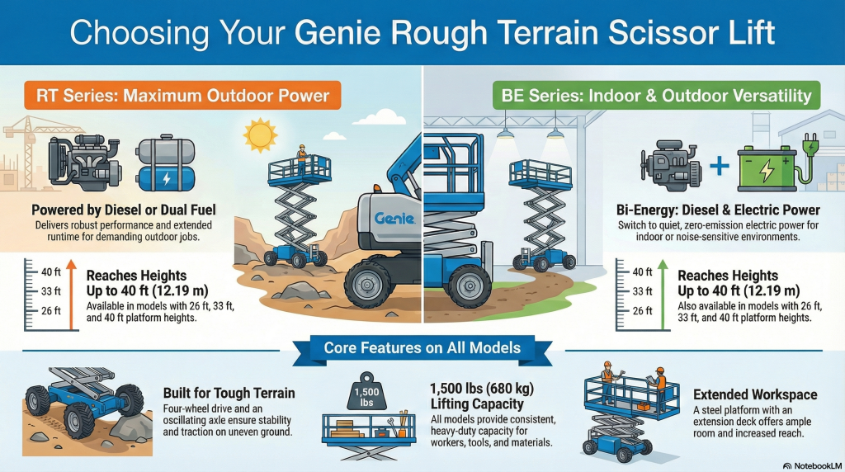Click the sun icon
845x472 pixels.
click(x=260, y=133)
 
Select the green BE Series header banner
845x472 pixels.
click(x=651, y=96)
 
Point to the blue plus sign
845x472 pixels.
click(x=720, y=166)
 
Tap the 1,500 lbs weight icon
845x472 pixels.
click(x=365, y=394)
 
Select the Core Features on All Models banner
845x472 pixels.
click(x=422, y=347)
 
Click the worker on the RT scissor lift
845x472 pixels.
click(x=302, y=157)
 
